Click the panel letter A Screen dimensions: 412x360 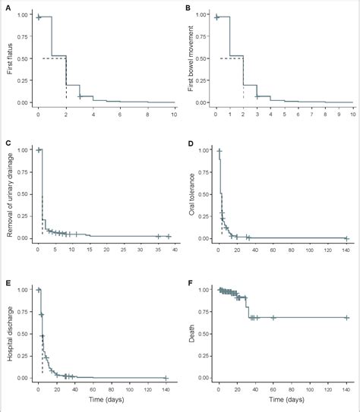[x=8, y=8]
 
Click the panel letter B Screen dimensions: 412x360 [x=186, y=8]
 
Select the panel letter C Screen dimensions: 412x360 [x=8, y=143]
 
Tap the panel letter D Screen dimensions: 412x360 [x=186, y=143]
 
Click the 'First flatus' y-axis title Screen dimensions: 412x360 [x=8, y=58]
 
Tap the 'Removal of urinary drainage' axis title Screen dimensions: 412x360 [x=8, y=194]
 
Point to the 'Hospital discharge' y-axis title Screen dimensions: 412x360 [x=8, y=334]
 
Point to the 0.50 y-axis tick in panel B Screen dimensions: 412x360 [x=202, y=58]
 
